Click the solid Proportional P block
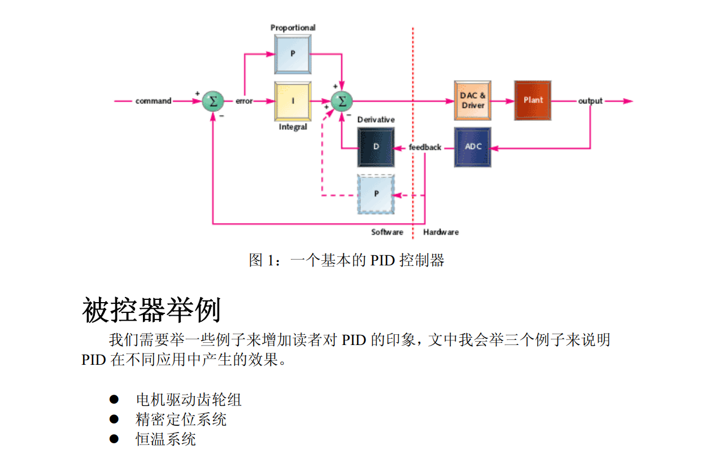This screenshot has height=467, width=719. pos(293,54)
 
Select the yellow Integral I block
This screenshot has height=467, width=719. pos(293,102)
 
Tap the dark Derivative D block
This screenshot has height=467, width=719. pos(376,147)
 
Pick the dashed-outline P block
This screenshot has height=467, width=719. pos(376,194)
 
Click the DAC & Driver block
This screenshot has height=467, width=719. pos(472,101)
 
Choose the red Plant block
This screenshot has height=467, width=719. pos(532,101)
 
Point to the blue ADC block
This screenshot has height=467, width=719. pos(472,147)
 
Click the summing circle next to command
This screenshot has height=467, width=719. pos(213,101)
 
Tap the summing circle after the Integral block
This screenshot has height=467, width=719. pos(341,101)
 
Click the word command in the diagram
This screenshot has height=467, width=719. pos(153,101)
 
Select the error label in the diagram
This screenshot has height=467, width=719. pos(244,101)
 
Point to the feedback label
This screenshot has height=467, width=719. pos(425,147)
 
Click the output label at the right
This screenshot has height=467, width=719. pos(590,101)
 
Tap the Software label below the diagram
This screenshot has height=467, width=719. pos(387,232)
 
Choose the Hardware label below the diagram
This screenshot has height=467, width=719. pos(441,232)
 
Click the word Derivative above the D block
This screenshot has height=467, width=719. pos(376,120)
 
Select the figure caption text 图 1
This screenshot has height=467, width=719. pos(346,260)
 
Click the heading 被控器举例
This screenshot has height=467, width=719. pos(151,309)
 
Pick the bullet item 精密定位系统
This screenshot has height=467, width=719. pos(181,420)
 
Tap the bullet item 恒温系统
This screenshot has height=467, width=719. pos(165,439)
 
